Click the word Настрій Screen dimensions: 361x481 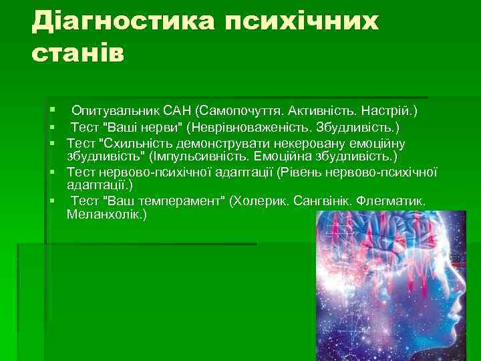(x=392, y=110)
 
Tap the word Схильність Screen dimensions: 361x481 (x=137, y=143)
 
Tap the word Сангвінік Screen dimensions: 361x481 (x=320, y=201)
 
